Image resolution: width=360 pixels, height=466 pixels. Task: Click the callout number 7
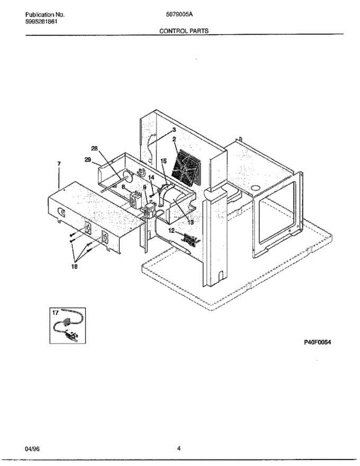click(59, 164)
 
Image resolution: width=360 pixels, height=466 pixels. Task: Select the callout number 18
click(73, 267)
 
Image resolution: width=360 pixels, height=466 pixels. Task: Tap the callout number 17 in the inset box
click(55, 312)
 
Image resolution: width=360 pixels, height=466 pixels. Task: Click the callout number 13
click(190, 222)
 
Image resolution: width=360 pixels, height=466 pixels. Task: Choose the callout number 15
click(163, 160)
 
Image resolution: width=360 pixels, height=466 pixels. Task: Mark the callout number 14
click(151, 177)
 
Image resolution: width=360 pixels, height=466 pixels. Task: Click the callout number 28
click(94, 148)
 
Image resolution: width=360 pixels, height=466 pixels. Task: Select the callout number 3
click(174, 130)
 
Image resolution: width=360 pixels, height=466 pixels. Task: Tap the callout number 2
click(174, 139)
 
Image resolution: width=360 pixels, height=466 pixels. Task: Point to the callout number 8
click(123, 187)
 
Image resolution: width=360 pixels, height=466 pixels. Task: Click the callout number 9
click(144, 187)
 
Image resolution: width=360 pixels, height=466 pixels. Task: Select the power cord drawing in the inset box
click(68, 329)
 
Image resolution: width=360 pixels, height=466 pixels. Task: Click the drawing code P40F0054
click(317, 343)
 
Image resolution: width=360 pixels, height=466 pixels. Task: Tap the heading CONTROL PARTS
click(184, 31)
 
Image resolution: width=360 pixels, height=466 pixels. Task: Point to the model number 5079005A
click(180, 15)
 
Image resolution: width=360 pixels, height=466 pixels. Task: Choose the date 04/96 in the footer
click(32, 449)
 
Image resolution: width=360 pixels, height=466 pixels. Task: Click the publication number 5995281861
click(42, 22)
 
